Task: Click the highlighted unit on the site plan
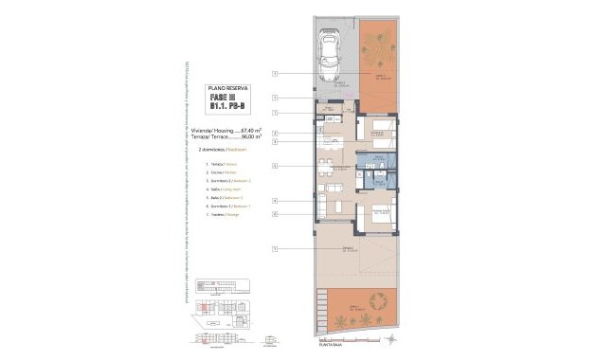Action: coord(201,307)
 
